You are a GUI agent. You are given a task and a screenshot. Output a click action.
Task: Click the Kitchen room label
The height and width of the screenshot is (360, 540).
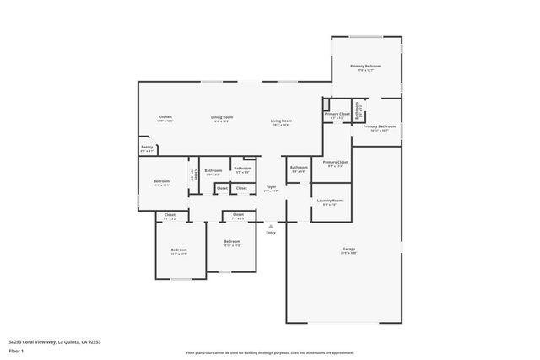(165, 117)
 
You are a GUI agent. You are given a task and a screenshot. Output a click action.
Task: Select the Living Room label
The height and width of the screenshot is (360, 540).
(281, 121)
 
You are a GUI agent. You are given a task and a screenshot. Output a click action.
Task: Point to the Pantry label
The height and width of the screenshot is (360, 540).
(147, 148)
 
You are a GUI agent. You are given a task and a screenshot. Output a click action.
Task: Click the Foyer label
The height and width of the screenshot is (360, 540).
(271, 188)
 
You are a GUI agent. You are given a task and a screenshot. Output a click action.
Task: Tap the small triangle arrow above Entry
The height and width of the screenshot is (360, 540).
(271, 226)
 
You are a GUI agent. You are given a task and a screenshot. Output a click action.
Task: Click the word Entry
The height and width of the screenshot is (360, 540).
(271, 233)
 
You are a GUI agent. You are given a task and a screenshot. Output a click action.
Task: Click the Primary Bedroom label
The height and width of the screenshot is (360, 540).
(366, 67)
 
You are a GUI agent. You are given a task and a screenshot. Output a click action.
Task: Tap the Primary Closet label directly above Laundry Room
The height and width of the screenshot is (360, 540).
(336, 163)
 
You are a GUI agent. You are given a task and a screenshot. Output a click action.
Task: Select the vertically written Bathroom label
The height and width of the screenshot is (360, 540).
(358, 110)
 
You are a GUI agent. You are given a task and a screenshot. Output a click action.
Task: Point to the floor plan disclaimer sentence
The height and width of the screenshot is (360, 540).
(270, 352)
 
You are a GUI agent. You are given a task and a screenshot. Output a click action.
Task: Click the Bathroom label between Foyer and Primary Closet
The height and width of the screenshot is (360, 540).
(299, 169)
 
